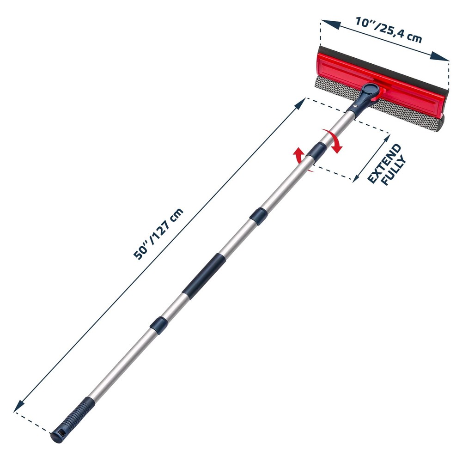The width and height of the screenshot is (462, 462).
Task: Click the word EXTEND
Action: (384, 164)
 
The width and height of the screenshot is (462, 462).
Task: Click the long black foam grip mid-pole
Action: (204, 276)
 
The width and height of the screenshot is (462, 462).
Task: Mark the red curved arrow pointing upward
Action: (300, 157)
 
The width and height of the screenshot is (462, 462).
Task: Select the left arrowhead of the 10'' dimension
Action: (326, 22)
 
